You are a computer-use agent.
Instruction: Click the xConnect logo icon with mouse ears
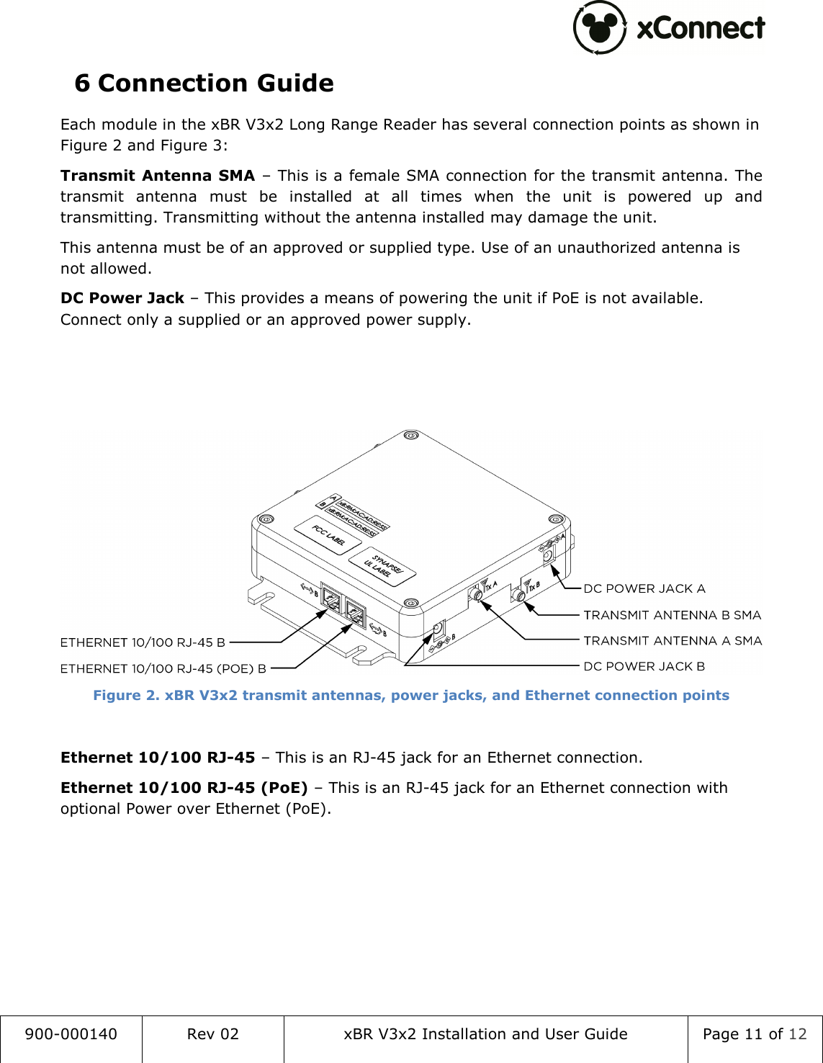point(600,28)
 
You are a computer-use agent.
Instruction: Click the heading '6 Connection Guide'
point(204,84)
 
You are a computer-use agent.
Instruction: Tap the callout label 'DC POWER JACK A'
point(644,588)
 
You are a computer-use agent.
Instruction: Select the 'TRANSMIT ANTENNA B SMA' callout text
point(672,615)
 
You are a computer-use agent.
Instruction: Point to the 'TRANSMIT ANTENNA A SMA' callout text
point(672,640)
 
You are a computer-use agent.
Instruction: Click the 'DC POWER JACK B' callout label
point(644,666)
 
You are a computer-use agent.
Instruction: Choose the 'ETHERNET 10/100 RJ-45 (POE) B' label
point(163,669)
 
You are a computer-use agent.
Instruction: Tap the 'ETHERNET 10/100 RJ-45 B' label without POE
point(143,642)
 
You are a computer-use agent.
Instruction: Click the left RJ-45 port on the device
point(332,599)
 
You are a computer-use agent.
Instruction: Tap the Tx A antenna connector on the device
point(476,595)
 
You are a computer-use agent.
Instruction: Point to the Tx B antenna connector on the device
point(518,596)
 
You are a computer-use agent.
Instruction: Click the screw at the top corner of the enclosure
point(410,436)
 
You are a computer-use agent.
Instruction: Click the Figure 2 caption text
point(410,696)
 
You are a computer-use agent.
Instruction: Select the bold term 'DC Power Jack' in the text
point(122,298)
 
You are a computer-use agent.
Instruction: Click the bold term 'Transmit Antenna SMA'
point(158,176)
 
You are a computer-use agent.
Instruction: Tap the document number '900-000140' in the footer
point(71,1034)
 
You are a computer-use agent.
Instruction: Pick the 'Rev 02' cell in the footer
point(212,1034)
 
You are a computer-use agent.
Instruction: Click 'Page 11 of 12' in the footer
point(754,1034)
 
